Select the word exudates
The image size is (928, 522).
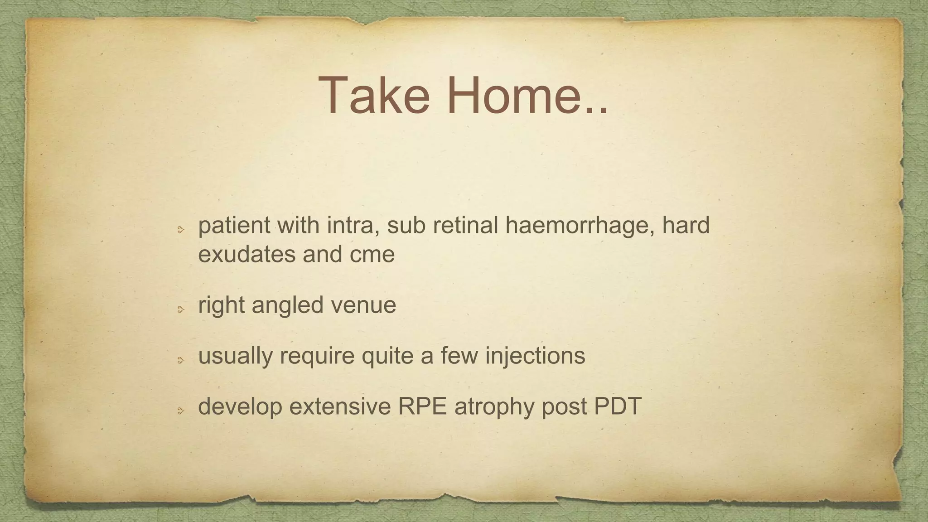[247, 254]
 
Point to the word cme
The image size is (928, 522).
[372, 255]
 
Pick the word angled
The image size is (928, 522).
[288, 305]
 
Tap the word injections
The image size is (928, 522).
[535, 356]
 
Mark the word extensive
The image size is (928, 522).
[340, 406]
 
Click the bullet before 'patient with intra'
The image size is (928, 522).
[180, 230]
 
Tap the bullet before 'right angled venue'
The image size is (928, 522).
[180, 309]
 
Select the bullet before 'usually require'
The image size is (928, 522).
[180, 360]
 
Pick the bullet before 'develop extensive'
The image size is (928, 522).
[180, 411]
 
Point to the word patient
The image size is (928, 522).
[234, 225]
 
